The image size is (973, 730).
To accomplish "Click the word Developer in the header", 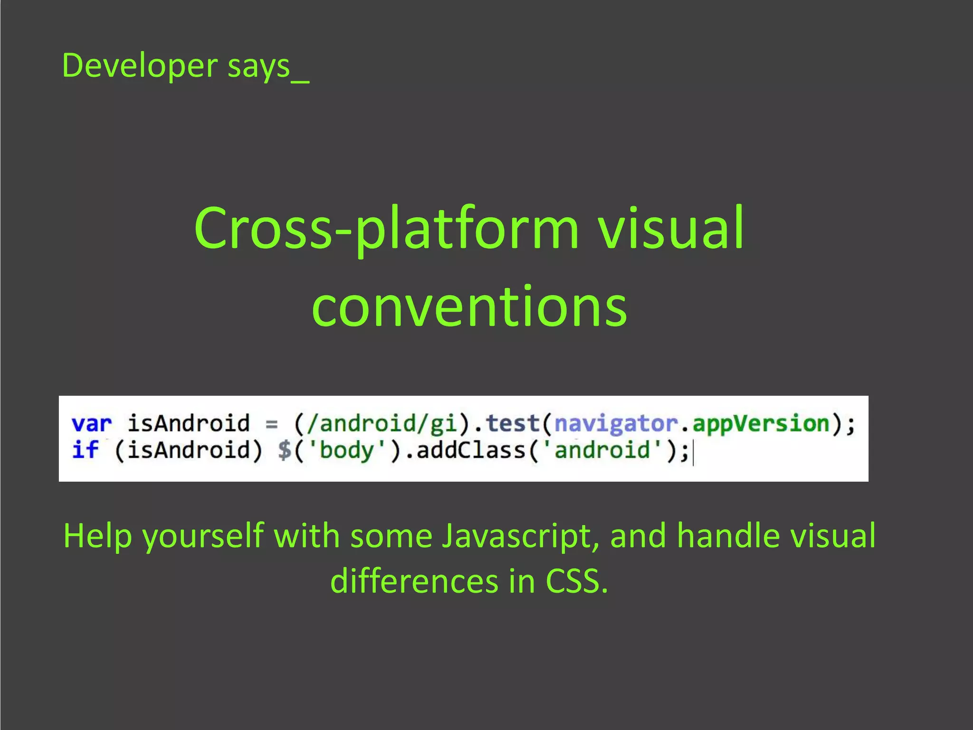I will [x=140, y=66].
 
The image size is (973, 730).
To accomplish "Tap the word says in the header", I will [x=258, y=66].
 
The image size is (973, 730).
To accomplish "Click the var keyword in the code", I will [x=92, y=423].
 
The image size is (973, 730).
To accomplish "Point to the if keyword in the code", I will [x=86, y=450].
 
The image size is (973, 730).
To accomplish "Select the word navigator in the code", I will [x=616, y=423].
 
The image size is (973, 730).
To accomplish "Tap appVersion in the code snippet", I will [x=761, y=423].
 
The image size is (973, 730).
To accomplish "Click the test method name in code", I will [x=513, y=423].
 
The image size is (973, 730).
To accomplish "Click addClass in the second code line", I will [x=470, y=450].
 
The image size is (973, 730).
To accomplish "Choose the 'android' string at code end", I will [x=602, y=450].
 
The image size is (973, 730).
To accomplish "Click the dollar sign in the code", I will [x=285, y=450].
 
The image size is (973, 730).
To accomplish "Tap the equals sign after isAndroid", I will [x=272, y=423].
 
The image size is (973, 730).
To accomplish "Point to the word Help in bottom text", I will [x=97, y=536].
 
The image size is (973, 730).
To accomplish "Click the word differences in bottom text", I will [x=414, y=581].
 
